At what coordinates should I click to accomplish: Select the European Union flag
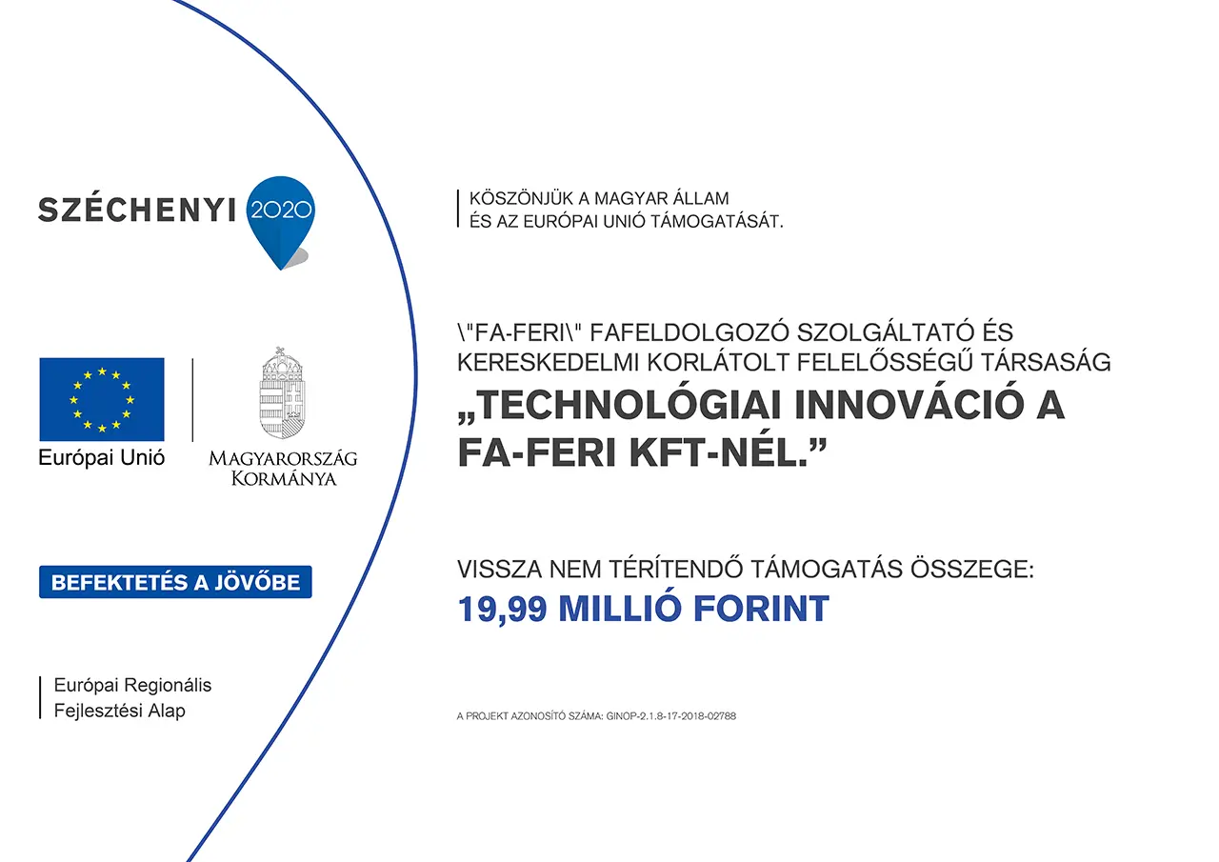102,399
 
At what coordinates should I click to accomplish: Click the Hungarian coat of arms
282,393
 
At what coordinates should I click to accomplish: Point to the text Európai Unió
101,458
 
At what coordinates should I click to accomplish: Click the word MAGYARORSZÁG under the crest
283,458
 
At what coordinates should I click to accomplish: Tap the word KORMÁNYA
284,478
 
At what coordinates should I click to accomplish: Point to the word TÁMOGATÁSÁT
717,222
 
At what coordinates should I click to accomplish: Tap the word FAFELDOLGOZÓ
689,332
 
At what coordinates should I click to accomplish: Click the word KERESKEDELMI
547,363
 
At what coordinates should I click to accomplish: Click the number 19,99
502,610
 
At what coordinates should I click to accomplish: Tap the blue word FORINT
761,609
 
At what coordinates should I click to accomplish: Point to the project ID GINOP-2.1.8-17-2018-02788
671,716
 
